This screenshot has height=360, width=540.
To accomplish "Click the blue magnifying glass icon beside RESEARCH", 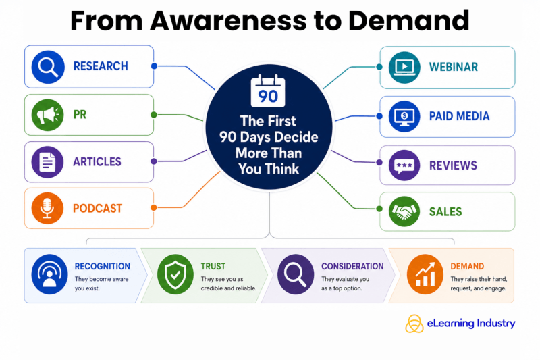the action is coord(48,67).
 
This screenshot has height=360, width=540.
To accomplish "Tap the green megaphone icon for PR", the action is coord(47,115).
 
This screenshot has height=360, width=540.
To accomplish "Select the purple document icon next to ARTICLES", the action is coord(47,162).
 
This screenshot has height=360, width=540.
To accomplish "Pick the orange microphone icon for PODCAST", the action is coord(47,208).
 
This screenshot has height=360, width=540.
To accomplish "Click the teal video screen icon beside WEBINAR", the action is coord(404,67).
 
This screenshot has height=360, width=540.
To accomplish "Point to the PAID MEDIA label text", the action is coord(459,116).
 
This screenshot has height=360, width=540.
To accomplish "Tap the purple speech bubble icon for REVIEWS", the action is coord(404,165).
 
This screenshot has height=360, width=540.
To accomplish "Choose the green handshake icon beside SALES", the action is coord(404,211).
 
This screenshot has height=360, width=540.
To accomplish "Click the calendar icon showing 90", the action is coord(268,91).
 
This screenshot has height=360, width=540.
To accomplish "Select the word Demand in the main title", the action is coord(409,21).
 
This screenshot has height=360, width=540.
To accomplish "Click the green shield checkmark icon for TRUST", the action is coord(175,275).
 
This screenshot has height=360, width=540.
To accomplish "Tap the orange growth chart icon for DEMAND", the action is coord(425,275).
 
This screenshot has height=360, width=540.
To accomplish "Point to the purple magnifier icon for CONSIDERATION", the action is coord(296,275).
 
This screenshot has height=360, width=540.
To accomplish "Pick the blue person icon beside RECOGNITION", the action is coord(49,275).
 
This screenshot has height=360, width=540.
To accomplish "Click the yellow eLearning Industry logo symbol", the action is coord(414,324).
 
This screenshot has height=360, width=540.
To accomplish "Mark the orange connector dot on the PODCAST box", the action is coord(154,208).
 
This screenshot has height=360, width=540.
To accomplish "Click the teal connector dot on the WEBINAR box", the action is coord(379,67).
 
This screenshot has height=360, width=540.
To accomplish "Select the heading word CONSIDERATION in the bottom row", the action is coord(352,266).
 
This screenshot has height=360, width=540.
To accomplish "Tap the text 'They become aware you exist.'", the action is coord(102,284).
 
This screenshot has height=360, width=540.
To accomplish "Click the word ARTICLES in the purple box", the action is coord(97,161).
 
